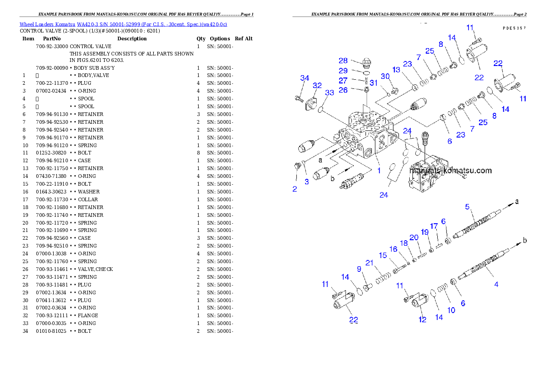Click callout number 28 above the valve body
[343, 61]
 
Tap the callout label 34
[305, 77]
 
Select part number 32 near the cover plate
[317, 85]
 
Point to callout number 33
[329, 93]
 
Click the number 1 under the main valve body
[379, 170]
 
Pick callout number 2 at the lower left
[295, 188]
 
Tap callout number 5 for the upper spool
[468, 207]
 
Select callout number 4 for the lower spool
[496, 284]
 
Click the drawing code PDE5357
[514, 28]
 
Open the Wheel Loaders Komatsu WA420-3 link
[123, 24]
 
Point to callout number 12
[422, 320]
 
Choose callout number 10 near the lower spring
[451, 310]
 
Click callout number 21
[370, 262]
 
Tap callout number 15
[383, 255]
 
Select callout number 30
[385, 76]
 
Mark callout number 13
[396, 70]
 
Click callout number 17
[434, 226]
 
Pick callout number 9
[359, 269]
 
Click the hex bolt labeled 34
[299, 97]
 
